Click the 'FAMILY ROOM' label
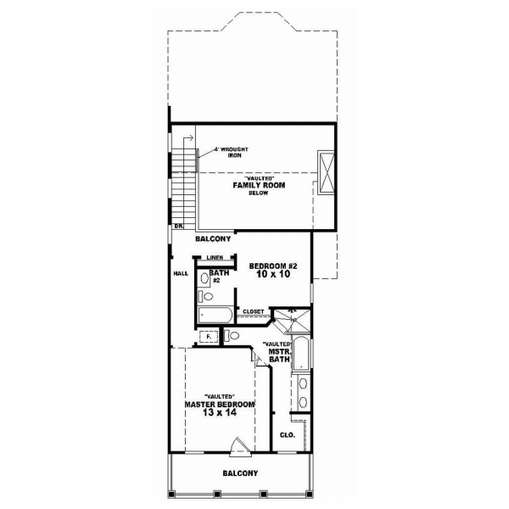[260, 184]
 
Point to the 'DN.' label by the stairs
[179, 227]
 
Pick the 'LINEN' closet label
[214, 257]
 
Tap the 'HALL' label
[181, 274]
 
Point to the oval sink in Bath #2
[204, 296]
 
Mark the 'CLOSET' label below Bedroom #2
[254, 312]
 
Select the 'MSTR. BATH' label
[280, 355]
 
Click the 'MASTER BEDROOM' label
[219, 405]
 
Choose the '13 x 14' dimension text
[219, 415]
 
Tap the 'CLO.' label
[287, 434]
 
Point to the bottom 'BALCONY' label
[240, 473]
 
